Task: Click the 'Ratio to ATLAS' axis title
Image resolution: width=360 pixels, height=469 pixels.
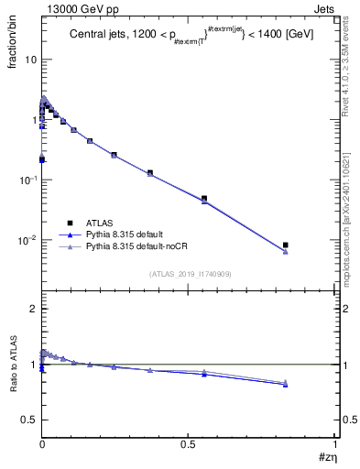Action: pyautogui.click(x=12, y=365)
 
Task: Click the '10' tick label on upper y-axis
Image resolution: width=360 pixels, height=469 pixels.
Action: pyautogui.click(x=30, y=60)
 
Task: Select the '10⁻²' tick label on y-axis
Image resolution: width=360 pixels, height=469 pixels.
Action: pyautogui.click(x=27, y=241)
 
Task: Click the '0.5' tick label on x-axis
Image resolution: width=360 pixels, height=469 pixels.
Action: pyautogui.click(x=189, y=443)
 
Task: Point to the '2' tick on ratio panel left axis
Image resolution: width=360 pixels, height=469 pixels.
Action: pyautogui.click(x=33, y=310)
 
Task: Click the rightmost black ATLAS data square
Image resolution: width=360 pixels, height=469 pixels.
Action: pyautogui.click(x=286, y=245)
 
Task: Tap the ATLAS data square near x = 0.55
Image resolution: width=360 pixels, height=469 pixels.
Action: pyautogui.click(x=204, y=198)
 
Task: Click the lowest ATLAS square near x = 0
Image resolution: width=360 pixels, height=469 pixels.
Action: pyautogui.click(x=43, y=159)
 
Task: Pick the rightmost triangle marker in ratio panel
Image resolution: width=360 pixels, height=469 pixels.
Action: pyautogui.click(x=286, y=383)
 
